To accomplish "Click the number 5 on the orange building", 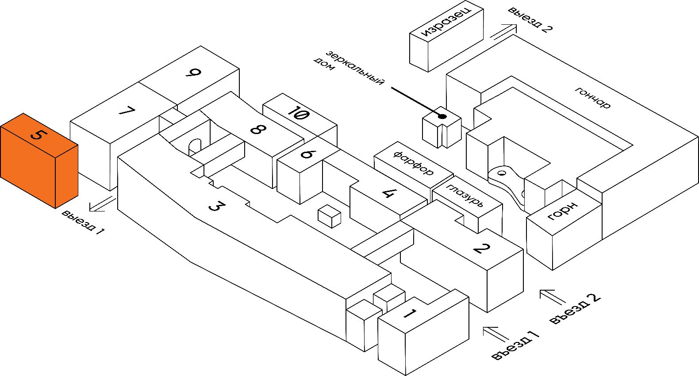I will coord(37,134).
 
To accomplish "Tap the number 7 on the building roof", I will coord(127,111).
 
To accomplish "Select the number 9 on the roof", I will coord(193,73).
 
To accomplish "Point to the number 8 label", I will coord(258,130).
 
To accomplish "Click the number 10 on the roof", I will coord(298,113).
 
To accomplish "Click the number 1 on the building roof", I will coord(410,315).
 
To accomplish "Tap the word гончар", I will coord(593,98).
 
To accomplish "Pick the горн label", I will coord(563,211).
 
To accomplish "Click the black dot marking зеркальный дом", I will coord(442,116).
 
